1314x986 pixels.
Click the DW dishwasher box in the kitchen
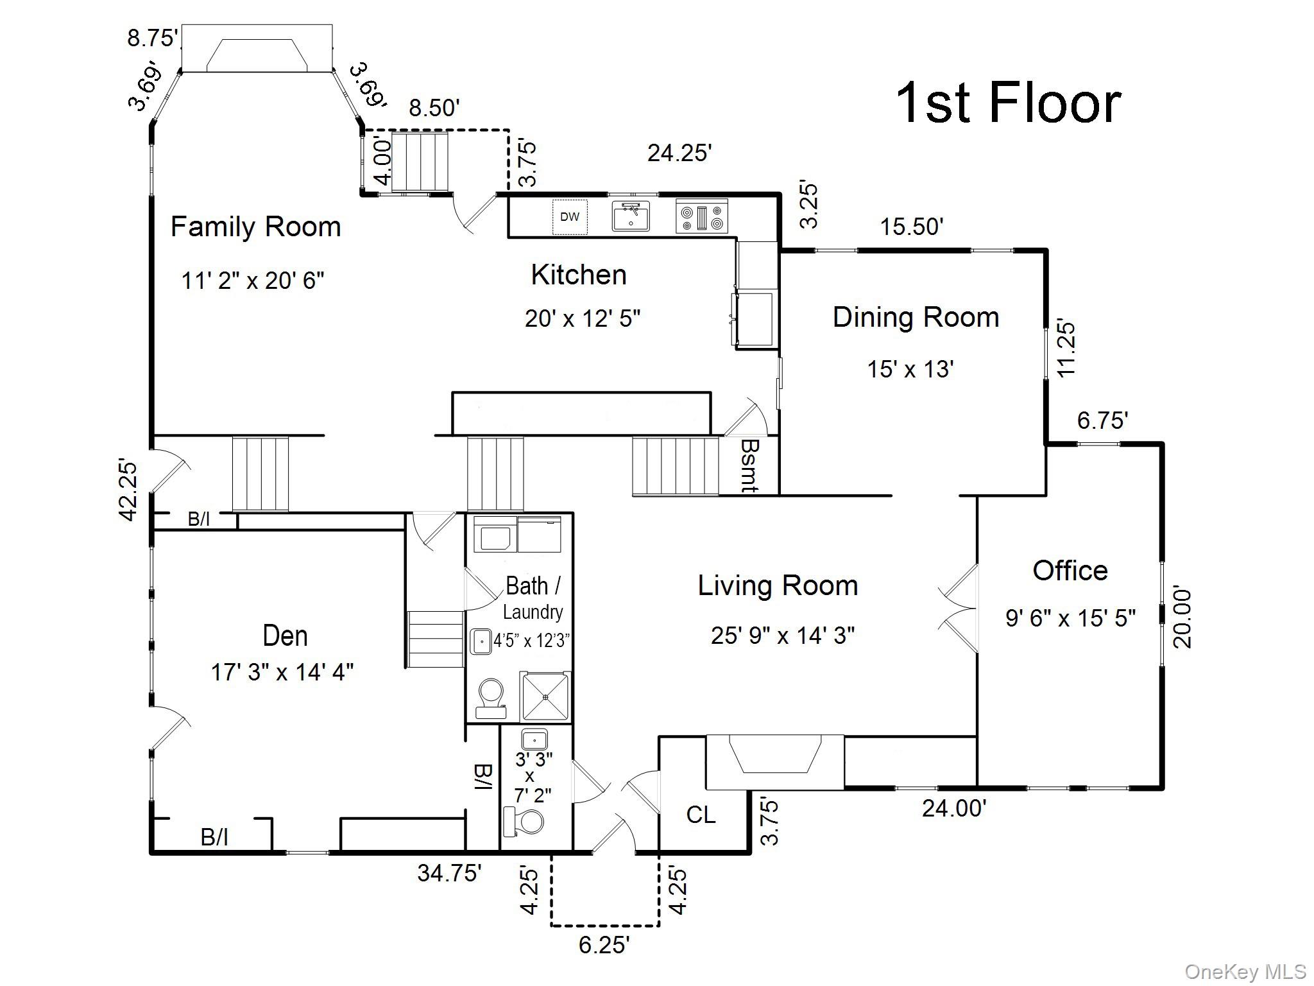pos(570,217)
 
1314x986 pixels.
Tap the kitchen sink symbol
pos(631,216)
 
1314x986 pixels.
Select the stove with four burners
pos(702,216)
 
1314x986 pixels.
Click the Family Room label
pos(255,227)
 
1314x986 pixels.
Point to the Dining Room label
pos(916,317)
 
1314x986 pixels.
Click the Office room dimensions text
pos(1070,618)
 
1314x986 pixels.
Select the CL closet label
pos(701,815)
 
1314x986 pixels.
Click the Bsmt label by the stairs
pos(749,465)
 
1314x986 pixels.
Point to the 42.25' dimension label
pos(128,490)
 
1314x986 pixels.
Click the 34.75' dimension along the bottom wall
pos(449,873)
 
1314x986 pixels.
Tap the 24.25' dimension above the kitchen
pos(679,153)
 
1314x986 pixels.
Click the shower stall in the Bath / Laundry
pos(546,696)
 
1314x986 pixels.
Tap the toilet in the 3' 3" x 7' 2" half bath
pos(524,822)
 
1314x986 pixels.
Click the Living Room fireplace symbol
pos(775,763)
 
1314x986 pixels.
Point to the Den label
pos(285,636)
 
